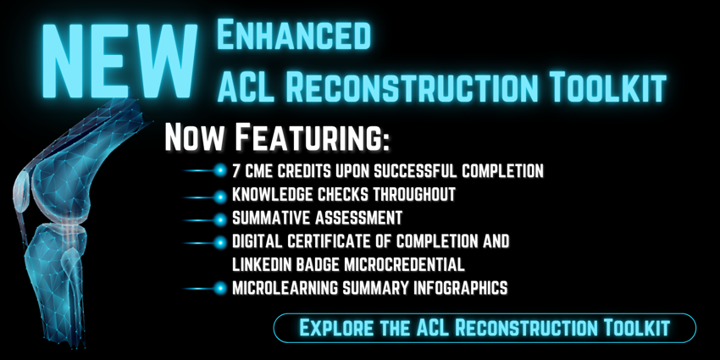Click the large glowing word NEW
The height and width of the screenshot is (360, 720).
click(x=119, y=60)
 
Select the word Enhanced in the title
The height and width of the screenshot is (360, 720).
click(x=294, y=36)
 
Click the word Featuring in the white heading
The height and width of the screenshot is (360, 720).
click(x=313, y=138)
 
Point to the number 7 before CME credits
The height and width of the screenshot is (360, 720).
click(x=237, y=171)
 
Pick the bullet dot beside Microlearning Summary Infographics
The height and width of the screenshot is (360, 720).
click(x=221, y=288)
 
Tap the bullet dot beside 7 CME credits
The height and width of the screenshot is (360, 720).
click(x=221, y=171)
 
